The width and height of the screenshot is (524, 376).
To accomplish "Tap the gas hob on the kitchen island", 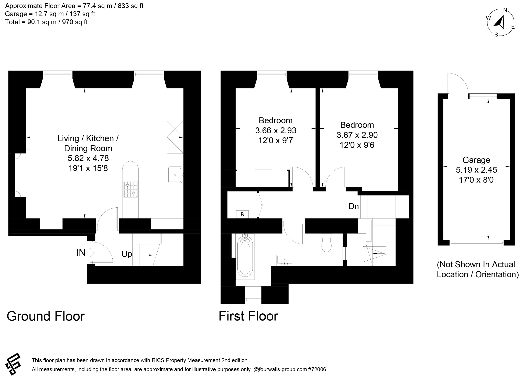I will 130,189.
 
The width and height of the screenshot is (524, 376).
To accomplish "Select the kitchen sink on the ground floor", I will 175,175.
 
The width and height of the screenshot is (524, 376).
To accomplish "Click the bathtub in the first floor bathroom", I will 246,256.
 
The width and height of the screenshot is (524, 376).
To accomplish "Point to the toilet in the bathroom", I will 326,244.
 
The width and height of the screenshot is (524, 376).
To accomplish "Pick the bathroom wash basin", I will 285,259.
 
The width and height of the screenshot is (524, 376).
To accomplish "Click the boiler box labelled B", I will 242,214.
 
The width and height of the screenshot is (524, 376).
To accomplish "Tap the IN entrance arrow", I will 91,253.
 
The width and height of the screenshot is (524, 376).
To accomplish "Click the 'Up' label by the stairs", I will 127,254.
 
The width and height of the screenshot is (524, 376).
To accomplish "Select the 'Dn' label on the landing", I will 354,206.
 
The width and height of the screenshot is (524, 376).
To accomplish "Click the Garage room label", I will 476,160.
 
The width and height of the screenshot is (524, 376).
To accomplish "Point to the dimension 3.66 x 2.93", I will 276,130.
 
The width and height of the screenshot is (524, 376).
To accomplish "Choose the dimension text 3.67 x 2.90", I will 357,135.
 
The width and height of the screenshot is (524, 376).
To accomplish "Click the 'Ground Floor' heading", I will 46,316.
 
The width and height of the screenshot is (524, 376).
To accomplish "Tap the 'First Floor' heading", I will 248,316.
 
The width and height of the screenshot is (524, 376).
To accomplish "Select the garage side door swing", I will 458,83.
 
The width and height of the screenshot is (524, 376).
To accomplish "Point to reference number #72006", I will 317,369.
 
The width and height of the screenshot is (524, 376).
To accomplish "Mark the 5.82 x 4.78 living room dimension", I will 88,158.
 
